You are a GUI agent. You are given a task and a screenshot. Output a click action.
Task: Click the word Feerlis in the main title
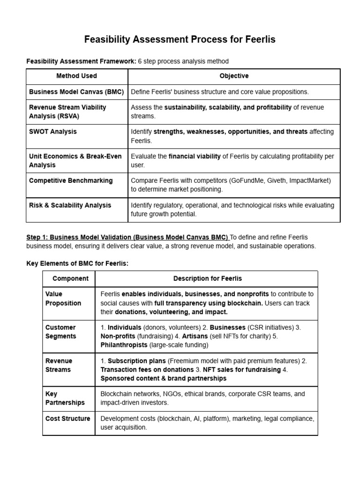pos(260,40)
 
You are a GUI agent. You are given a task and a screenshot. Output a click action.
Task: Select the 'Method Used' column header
pos(76,76)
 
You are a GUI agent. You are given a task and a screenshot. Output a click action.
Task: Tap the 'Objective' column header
pos(234,76)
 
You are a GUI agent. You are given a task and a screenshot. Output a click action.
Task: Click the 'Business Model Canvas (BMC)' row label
pos(76,92)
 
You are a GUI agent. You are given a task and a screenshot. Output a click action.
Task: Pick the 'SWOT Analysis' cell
pos(53,132)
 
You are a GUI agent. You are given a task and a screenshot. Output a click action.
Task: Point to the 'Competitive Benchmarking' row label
pos(71,180)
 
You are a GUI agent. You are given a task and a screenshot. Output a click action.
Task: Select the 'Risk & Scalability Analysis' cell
pos(70,205)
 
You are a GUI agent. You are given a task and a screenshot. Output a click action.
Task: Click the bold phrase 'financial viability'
pos(195,156)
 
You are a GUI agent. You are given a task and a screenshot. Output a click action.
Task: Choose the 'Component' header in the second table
pos(70,278)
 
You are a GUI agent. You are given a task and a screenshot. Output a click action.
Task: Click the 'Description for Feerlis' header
pos(208,278)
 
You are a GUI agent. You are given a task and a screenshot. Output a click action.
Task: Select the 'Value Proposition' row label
pos(63,299)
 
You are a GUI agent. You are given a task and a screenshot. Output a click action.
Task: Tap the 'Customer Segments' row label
pos(60,332)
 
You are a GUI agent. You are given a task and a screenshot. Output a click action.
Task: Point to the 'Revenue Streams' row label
pos(59,365)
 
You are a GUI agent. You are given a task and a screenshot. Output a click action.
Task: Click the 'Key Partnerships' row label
pos(65,398)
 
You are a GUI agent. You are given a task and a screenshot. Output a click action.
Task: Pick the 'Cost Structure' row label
pos(67,419)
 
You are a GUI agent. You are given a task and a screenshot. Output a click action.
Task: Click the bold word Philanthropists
pos(124,345)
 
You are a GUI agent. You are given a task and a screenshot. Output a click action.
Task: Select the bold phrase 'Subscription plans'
pos(136,361)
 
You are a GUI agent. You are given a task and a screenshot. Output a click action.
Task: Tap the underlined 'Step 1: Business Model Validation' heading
pos(127,238)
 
